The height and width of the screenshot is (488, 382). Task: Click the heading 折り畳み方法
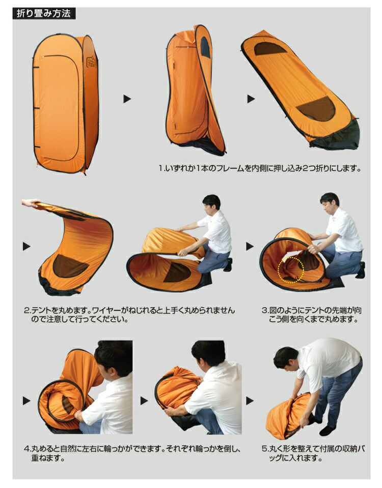(44, 14)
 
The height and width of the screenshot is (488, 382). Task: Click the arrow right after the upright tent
(127, 99)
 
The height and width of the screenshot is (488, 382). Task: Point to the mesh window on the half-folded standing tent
(205, 47)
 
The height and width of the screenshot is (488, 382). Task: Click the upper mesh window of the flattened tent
(270, 49)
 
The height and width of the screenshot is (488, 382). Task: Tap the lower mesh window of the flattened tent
(316, 109)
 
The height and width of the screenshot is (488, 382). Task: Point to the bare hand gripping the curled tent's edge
(30, 203)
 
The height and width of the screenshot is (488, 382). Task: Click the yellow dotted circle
(290, 269)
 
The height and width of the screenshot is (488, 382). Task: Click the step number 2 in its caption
(27, 311)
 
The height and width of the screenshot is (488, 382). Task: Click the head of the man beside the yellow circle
(330, 203)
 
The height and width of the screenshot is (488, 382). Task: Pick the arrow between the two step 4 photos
(144, 401)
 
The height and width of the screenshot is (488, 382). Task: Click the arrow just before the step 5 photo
(250, 401)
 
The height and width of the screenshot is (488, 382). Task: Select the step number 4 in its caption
(27, 449)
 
